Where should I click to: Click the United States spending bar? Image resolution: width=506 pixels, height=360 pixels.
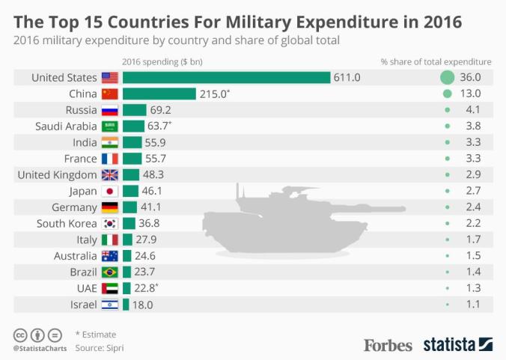tap(226, 78)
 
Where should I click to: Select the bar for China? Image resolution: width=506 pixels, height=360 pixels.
tap(159, 94)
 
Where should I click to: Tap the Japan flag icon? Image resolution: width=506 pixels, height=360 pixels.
tap(109, 192)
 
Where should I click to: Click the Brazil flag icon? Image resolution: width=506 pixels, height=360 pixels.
tap(109, 272)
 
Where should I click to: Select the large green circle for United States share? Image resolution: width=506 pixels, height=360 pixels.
tap(448, 78)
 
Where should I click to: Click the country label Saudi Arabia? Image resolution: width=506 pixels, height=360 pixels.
tap(67, 126)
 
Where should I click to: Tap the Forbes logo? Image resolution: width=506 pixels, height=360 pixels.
tap(388, 345)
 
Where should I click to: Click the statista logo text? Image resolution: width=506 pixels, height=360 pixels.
tap(449, 344)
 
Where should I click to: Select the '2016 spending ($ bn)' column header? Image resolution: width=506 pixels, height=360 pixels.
tap(161, 61)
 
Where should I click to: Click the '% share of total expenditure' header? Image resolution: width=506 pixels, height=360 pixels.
tap(436, 61)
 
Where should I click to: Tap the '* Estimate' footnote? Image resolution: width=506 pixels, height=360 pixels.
tap(95, 335)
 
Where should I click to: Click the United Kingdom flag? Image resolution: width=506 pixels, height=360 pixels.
tap(109, 175)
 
